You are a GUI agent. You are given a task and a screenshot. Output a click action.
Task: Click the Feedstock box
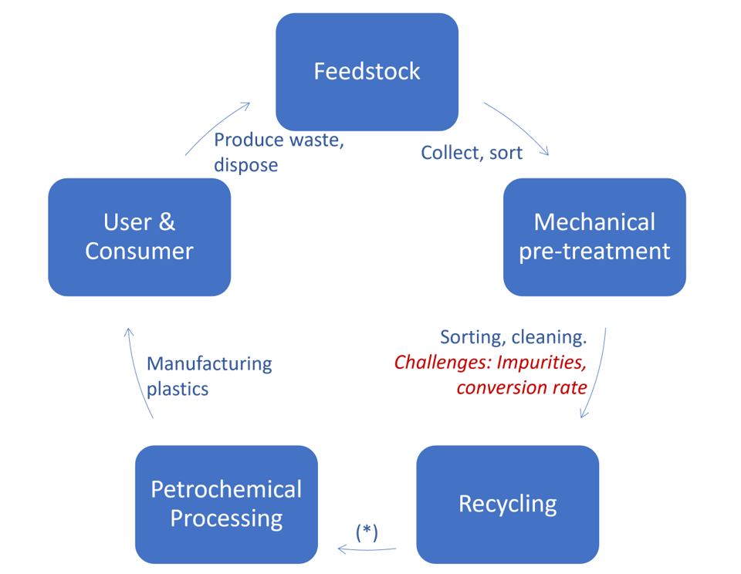point(367,72)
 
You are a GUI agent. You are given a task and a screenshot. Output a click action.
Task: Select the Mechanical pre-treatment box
point(594,237)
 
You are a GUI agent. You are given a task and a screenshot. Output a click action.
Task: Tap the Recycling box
point(507,504)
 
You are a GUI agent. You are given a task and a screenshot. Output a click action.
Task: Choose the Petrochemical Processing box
point(226,504)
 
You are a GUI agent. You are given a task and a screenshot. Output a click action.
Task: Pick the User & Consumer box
point(139,237)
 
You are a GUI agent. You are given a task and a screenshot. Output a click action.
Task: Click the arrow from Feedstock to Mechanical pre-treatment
point(519,125)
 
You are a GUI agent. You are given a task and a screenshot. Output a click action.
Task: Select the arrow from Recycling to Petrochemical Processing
point(367,549)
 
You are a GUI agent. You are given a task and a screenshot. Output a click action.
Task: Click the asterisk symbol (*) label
point(367,532)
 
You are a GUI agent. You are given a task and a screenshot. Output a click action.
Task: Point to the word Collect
point(447,153)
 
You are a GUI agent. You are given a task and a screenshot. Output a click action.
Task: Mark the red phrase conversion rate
point(522,387)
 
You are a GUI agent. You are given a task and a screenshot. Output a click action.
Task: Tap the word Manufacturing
point(209,363)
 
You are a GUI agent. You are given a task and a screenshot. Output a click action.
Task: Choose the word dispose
point(245,165)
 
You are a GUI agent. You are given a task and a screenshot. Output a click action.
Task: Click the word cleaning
point(546,337)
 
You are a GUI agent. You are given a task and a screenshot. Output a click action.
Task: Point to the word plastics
point(178,388)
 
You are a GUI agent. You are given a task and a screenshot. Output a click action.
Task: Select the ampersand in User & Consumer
point(167,223)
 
